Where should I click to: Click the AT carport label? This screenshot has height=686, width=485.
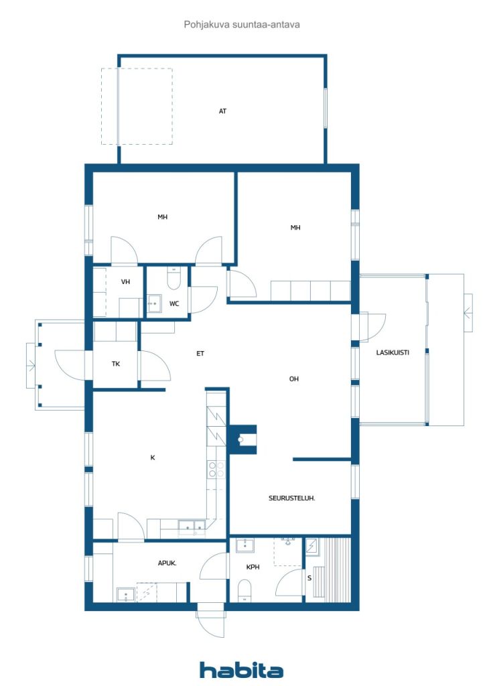[x=222, y=111]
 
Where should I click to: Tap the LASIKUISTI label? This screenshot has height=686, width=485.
[x=393, y=352]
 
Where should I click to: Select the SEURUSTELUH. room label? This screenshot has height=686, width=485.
[x=291, y=498]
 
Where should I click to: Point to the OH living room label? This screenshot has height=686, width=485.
[x=294, y=379]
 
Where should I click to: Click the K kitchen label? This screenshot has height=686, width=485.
[x=153, y=458]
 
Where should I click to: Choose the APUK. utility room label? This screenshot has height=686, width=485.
[x=167, y=563]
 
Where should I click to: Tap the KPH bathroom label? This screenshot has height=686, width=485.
[x=253, y=567]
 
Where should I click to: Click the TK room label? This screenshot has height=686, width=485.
[x=115, y=364]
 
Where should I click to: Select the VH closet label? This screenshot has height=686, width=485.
[x=125, y=282]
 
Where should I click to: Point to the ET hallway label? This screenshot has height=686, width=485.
[x=200, y=354]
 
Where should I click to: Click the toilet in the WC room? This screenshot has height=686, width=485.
[x=174, y=279]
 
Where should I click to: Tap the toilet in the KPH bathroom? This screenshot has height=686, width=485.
[x=245, y=591]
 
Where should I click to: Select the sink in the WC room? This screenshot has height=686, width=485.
[x=154, y=303]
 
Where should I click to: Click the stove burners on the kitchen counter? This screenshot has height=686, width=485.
[x=216, y=470]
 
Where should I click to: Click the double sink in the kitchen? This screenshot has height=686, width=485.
[x=192, y=528]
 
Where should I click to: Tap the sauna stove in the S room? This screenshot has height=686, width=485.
[x=311, y=547]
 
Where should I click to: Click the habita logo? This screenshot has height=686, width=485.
[x=241, y=670]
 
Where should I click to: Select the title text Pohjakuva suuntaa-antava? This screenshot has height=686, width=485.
[x=242, y=25]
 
